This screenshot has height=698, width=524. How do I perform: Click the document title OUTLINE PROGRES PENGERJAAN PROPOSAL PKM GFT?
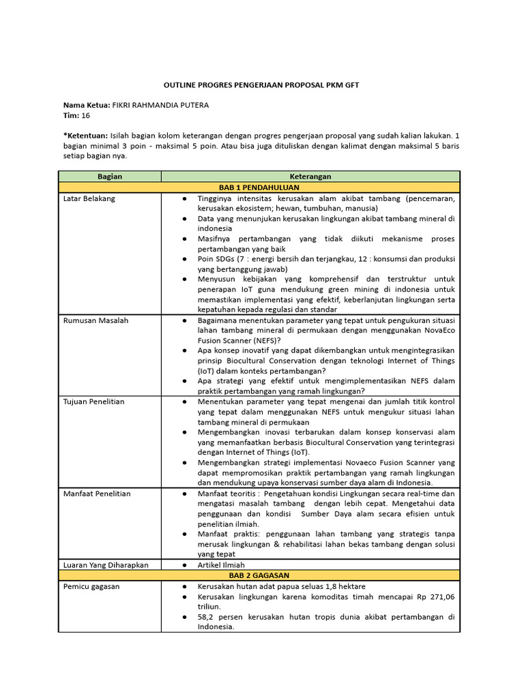pos(261,85)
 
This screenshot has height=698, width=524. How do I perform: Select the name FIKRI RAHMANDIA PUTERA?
pos(160,106)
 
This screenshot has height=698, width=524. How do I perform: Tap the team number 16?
pos(86,116)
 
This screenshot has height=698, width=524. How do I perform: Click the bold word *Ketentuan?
pos(85,136)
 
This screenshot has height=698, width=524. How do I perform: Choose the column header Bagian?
pos(110,177)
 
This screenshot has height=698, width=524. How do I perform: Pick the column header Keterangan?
pos(310,177)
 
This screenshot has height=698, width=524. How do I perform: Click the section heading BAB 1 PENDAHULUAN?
pos(259,187)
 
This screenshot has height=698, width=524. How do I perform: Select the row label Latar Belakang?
pos(89,198)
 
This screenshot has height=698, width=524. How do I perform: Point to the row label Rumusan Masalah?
pos(96,320)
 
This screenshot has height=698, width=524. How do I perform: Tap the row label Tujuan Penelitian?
pos(94,402)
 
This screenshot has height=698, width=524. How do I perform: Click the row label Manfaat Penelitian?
pos(96,494)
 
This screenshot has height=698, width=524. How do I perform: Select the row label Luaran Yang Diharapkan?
pos(106,565)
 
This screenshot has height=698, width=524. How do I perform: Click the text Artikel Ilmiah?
pos(221,565)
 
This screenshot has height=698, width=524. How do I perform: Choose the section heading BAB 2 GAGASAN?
pos(259,575)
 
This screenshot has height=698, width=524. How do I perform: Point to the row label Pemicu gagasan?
pos(91,587)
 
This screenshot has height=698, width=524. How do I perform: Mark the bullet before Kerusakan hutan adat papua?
pos(185,587)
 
